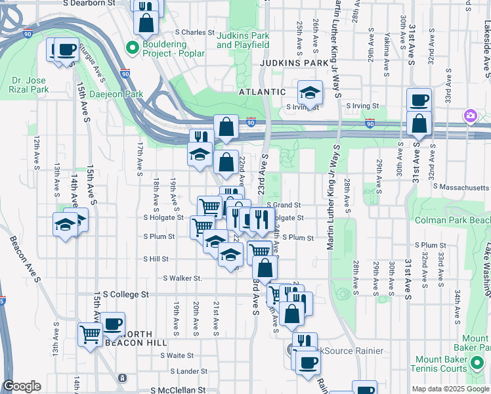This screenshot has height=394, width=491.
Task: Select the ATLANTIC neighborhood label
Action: point(262,92)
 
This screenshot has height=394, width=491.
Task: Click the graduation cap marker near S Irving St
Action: point(310,93)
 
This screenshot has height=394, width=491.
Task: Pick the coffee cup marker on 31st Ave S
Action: point(419,100)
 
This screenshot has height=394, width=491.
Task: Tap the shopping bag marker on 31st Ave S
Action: point(419,123)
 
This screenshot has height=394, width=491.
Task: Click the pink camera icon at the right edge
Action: point(470,116)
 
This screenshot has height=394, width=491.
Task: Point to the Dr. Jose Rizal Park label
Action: point(30,85)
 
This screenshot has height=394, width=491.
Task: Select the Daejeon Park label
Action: point(117,94)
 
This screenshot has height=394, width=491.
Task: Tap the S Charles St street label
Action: point(195,32)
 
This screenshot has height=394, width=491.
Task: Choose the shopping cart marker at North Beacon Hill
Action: point(91,334)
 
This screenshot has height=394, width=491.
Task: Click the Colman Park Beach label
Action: point(452,220)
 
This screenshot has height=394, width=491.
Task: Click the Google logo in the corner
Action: point(22,386)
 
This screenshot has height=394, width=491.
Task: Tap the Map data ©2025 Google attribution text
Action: point(450,389)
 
